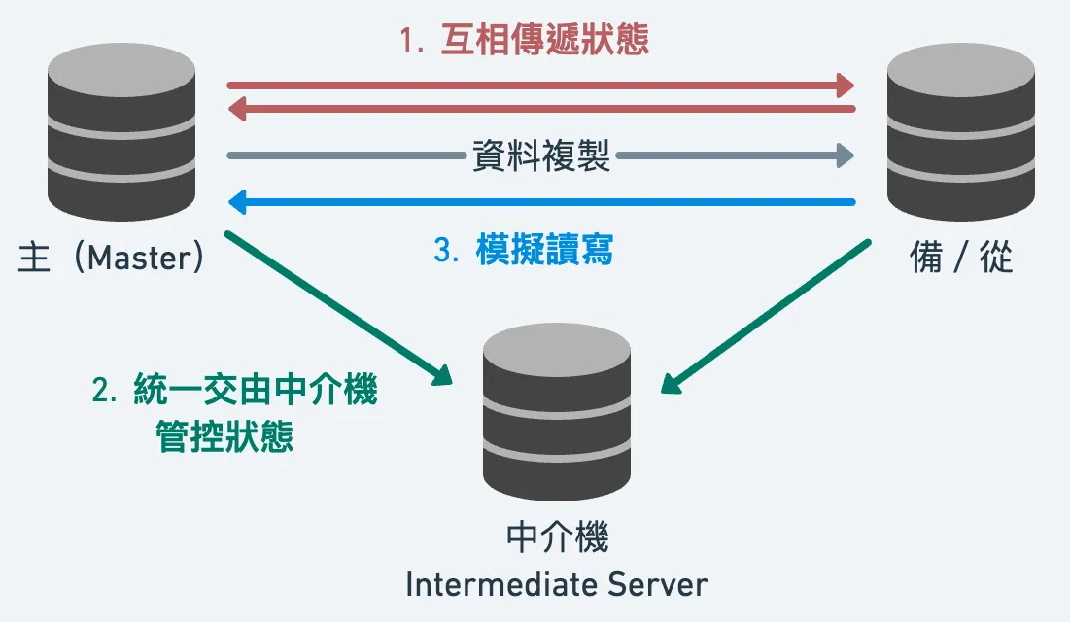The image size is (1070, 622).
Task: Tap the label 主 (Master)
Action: coord(112,258)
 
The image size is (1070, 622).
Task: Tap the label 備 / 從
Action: coord(961,259)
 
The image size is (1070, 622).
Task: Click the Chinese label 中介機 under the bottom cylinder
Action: coord(557,537)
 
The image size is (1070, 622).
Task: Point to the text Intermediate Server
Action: coord(557,584)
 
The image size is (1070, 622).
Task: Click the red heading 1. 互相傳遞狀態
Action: coord(525,41)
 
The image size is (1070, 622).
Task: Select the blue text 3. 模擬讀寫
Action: coord(524,251)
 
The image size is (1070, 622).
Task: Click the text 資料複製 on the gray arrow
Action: coord(541,155)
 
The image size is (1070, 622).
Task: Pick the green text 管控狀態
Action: coord(224,435)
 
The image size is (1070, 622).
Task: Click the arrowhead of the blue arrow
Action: coord(236,202)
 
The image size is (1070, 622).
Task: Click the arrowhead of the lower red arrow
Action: coord(236,109)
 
